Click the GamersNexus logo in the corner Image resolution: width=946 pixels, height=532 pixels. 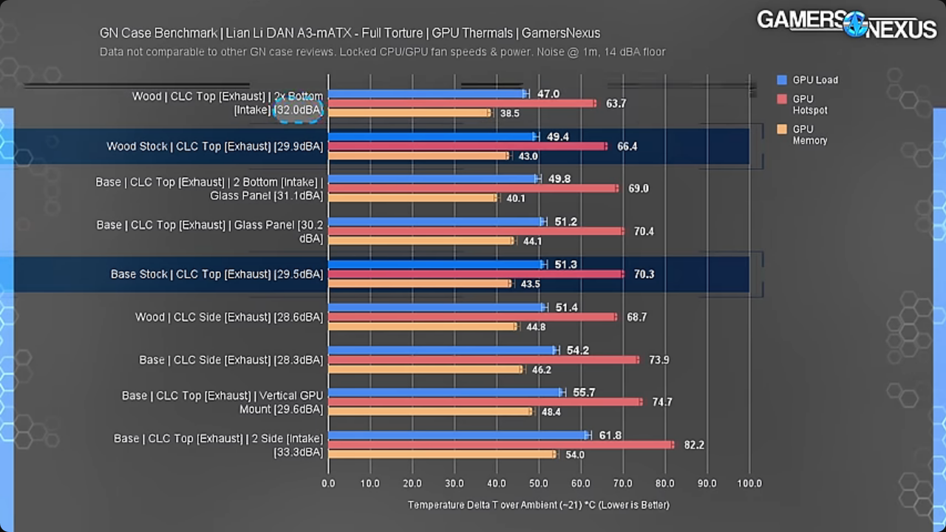[x=845, y=24]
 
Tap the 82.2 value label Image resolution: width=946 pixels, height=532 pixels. [x=694, y=445]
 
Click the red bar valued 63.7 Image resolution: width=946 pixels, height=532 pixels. [x=462, y=103]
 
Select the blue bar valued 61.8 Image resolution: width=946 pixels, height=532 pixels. [x=459, y=435]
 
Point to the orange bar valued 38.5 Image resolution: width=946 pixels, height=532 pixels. [x=409, y=113]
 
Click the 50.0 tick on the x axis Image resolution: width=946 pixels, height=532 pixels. [x=539, y=483]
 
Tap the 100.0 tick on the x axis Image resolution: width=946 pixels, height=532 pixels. [x=749, y=483]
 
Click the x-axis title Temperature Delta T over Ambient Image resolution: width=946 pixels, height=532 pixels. [x=538, y=505]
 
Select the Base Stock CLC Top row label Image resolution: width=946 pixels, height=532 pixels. [x=217, y=274]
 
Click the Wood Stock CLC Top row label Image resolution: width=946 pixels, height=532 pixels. [x=214, y=146]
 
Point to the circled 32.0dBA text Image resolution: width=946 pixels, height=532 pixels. [x=299, y=110]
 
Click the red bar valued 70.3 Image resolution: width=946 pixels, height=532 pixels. [x=475, y=274]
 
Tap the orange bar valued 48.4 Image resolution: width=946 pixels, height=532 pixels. [x=430, y=412]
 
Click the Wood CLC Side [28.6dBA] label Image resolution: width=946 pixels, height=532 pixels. [x=229, y=317]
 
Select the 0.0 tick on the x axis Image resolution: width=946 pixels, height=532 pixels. [x=328, y=483]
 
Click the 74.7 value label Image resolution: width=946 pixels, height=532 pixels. [x=661, y=402]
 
